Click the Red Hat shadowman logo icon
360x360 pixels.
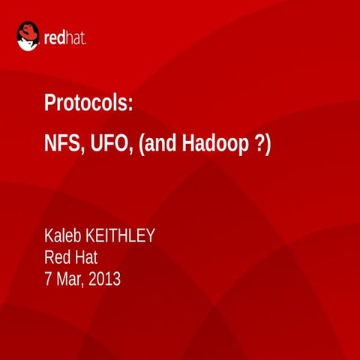[x=28, y=35]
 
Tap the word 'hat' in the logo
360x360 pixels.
[x=76, y=37]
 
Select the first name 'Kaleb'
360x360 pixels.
[x=65, y=237]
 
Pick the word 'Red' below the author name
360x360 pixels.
[x=58, y=259]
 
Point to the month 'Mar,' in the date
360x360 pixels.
[x=72, y=281]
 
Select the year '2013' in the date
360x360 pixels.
[x=106, y=280]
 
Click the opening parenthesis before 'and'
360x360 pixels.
[x=143, y=144]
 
